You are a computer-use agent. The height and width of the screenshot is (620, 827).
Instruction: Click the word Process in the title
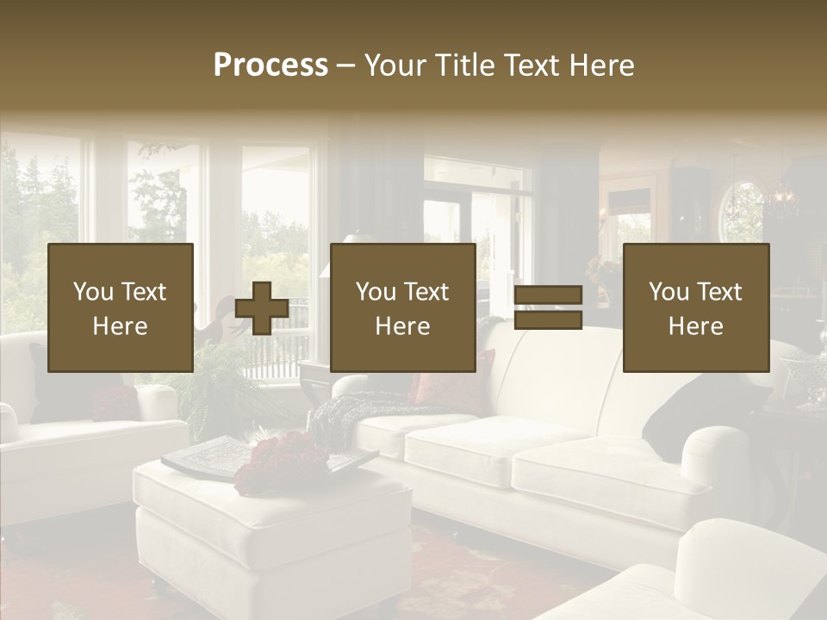click(270, 65)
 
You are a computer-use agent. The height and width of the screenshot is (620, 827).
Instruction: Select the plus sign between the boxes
click(262, 308)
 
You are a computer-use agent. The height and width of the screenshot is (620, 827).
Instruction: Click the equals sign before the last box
click(548, 308)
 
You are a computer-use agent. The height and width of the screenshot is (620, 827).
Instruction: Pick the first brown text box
click(121, 308)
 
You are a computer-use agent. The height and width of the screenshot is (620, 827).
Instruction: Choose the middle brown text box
click(402, 308)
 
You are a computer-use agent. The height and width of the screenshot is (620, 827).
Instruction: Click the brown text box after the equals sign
click(695, 308)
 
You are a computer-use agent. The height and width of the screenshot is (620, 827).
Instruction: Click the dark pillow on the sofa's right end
click(698, 413)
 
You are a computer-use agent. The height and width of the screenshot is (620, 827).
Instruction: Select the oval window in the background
click(743, 209)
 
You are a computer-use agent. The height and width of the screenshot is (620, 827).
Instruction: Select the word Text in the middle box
click(426, 293)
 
